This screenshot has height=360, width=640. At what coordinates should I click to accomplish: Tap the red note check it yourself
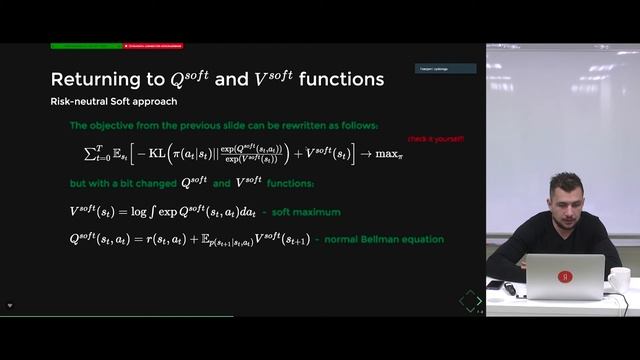[x=436, y=138]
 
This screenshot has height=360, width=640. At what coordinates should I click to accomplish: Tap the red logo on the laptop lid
[x=565, y=277]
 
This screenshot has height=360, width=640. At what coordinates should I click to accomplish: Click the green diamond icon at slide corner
[x=469, y=299]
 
